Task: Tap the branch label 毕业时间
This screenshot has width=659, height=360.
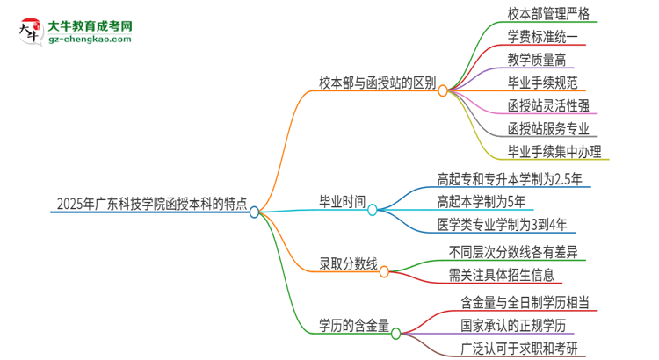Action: coord(342,201)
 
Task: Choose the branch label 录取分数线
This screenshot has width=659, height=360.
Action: coord(348,263)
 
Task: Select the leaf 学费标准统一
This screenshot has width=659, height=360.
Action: coord(542,37)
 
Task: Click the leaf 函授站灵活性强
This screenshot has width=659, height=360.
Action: coord(548,106)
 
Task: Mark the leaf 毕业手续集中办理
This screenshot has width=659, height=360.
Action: coord(554,152)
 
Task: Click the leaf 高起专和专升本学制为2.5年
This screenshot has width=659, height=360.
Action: coord(510,178)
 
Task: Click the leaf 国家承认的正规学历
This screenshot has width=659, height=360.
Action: coord(518,326)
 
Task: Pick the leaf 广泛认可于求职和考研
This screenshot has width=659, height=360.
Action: coord(525,349)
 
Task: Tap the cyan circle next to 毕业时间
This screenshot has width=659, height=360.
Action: coord(373,209)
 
